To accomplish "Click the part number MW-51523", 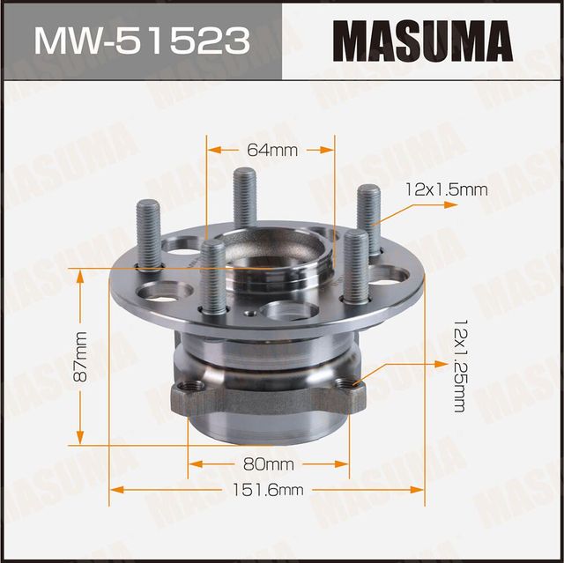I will pos(140,41).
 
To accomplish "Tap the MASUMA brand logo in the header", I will pos(423,41).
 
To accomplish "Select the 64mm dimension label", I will pos(272,151).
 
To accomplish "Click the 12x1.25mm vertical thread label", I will pos(458,364).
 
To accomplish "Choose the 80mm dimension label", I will pos(271,463).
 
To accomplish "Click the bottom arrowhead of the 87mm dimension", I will pos(81,438).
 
